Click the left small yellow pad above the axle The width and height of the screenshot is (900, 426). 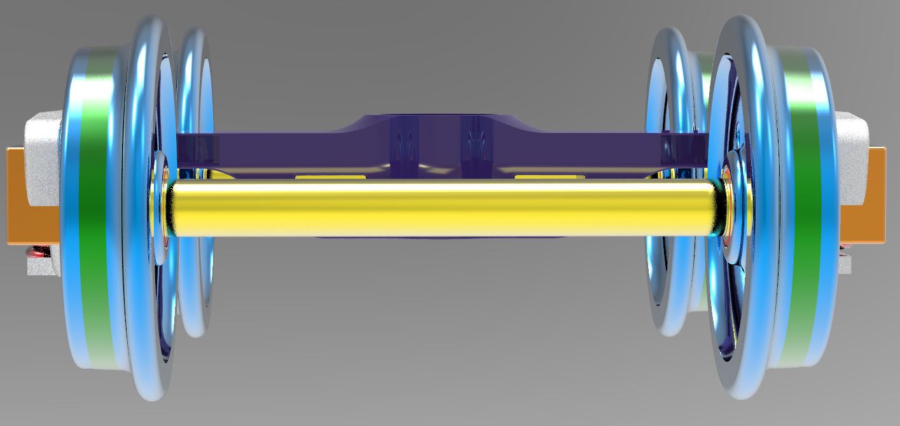click(331, 176)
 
